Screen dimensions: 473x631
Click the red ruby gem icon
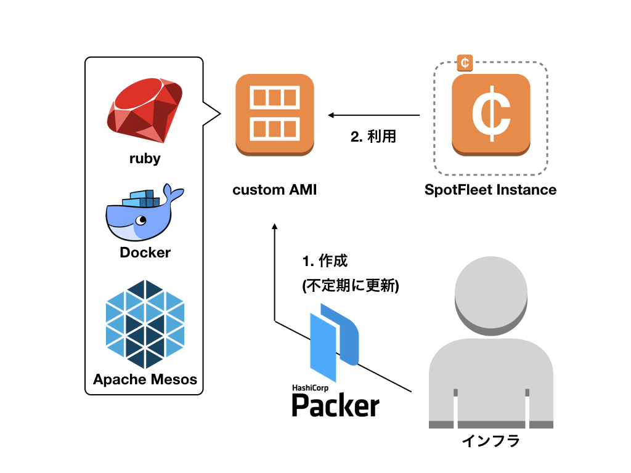pos(145,111)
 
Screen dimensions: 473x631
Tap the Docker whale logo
pos(143,213)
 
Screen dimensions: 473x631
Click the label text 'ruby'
pos(145,158)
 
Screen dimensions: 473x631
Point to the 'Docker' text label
pos(145,253)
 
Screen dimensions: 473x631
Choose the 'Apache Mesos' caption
pos(145,379)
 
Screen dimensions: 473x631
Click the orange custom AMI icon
pos(275,115)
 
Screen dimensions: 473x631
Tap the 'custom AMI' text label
pos(274,190)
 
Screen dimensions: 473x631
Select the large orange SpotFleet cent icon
pos(491,115)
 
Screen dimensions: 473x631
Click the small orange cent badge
pos(465,62)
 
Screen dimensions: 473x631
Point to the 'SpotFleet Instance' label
pos(491,190)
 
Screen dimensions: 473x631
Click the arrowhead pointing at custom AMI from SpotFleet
pos(332,115)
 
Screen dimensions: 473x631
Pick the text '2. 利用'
pos(373,137)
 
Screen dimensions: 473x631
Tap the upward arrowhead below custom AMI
pos(275,228)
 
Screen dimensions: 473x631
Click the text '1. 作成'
pos(325,261)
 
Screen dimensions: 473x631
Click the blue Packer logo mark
pos(333,345)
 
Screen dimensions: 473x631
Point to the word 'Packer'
pos(335,405)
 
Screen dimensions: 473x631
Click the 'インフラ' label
pos(491,441)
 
